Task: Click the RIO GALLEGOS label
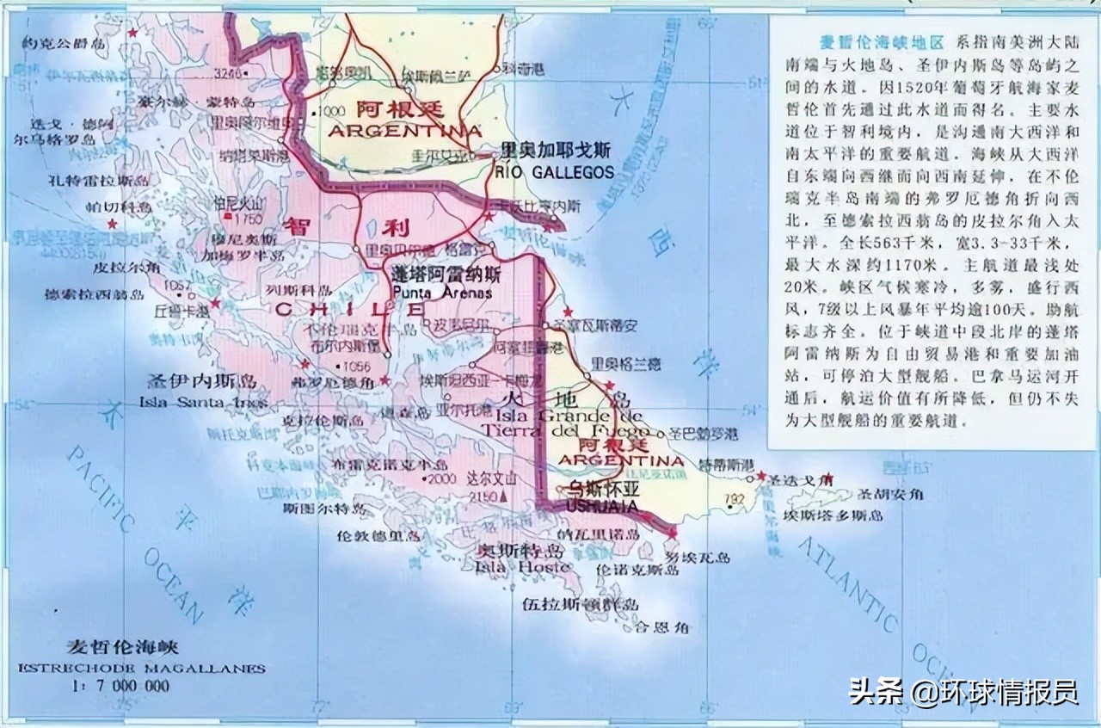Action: [555, 172]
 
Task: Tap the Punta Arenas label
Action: [442, 293]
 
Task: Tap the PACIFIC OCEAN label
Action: [138, 534]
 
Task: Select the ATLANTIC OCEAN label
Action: [869, 602]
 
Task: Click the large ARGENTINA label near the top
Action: [404, 132]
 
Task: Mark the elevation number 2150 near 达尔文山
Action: [481, 497]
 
